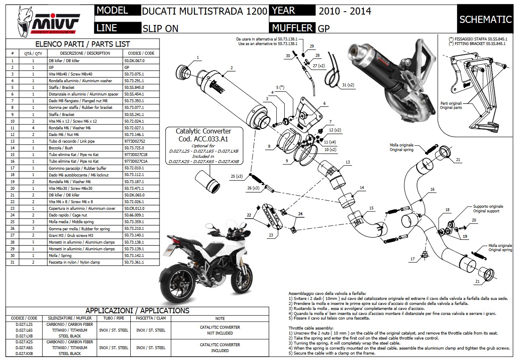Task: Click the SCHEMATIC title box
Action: [485, 20]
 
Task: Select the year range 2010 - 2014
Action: [344, 11]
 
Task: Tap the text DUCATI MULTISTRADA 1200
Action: [205, 11]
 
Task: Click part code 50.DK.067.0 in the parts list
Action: [137, 60]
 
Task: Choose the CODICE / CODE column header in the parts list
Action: [139, 53]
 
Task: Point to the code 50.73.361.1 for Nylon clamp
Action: [134, 262]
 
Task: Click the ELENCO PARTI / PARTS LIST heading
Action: [82, 44]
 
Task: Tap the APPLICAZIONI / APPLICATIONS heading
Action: [137, 311]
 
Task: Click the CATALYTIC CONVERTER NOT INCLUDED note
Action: [220, 330]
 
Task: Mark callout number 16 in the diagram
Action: [433, 189]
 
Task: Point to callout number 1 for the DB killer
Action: [197, 58]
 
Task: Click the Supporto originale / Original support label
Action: [488, 209]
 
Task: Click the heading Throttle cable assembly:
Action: [311, 328]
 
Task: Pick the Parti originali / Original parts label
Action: [451, 105]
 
